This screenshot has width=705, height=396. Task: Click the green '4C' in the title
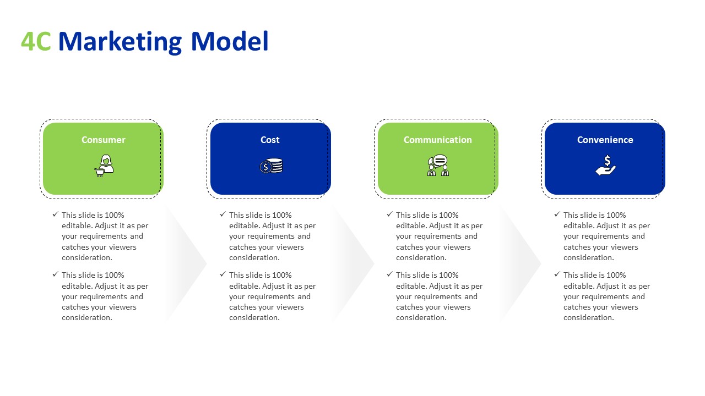pos(36,41)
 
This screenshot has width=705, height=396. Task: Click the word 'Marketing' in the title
pos(120,42)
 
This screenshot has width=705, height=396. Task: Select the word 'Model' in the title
pos(230,41)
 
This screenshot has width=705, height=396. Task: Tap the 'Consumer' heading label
pos(103,140)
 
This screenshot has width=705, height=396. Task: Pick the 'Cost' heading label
pos(270,140)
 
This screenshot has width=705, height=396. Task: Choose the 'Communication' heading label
pos(438,140)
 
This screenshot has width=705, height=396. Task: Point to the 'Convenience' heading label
pos(605,140)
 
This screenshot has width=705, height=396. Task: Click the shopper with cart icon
pos(104,166)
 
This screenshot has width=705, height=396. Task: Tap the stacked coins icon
pos(271,166)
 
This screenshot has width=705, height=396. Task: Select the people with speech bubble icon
pos(438,166)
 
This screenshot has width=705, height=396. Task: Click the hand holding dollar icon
pos(605,166)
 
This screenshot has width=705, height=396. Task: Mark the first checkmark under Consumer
pos(56,215)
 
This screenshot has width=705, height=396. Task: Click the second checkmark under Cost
pos(223,274)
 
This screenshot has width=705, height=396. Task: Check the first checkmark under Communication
pos(389,215)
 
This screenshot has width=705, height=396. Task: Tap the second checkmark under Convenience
pos(557,274)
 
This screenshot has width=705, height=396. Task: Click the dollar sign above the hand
pos(608,160)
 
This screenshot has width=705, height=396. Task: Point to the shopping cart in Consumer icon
pos(100,173)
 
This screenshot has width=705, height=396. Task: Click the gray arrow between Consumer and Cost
pos(185,263)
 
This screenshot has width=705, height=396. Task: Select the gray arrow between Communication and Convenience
pos(520,263)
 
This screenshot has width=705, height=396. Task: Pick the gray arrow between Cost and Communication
pos(352,263)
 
